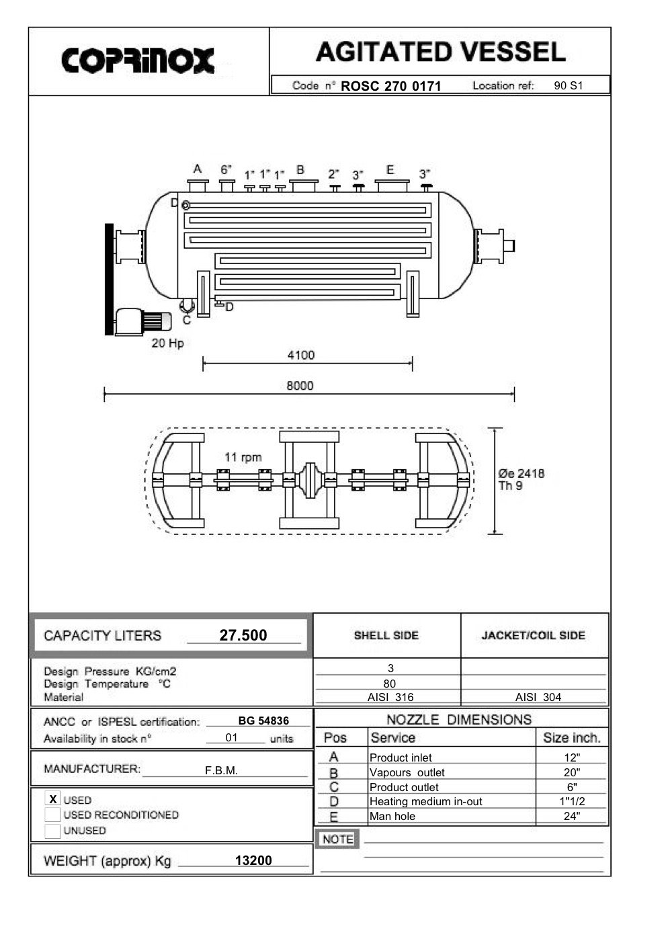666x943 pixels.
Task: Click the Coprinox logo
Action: [138, 60]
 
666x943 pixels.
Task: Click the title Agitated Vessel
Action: [440, 52]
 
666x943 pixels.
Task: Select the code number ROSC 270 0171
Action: [390, 86]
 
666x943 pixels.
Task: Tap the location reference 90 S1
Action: [568, 86]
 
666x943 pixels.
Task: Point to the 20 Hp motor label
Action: [167, 343]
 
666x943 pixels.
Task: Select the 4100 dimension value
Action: [300, 355]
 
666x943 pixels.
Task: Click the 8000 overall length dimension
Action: [300, 386]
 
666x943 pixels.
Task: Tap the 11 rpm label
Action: [243, 457]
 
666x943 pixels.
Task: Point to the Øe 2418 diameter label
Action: [521, 473]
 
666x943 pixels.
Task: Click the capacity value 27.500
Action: [243, 635]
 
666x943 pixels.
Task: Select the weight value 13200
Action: [253, 860]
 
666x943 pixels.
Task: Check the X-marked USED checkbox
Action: [52, 799]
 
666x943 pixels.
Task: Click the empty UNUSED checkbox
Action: [52, 831]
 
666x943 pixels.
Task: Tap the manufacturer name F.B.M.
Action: [222, 770]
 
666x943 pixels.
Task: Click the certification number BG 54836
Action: [263, 721]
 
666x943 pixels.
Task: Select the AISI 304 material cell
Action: [538, 697]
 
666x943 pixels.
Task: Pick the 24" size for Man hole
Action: [572, 816]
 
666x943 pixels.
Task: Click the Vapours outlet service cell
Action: [407, 772]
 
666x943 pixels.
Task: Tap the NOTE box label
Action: [337, 839]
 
